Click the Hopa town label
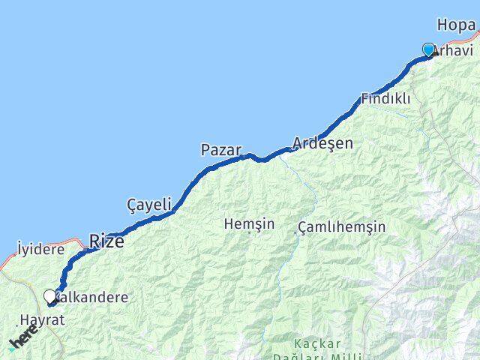456,25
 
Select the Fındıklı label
385,98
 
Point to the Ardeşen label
322,142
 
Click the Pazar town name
220,150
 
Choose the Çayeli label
150,204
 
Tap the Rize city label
106,241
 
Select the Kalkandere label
92,297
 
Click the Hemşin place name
249,223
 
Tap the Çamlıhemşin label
341,226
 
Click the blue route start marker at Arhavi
428,49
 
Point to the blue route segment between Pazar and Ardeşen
266,158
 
